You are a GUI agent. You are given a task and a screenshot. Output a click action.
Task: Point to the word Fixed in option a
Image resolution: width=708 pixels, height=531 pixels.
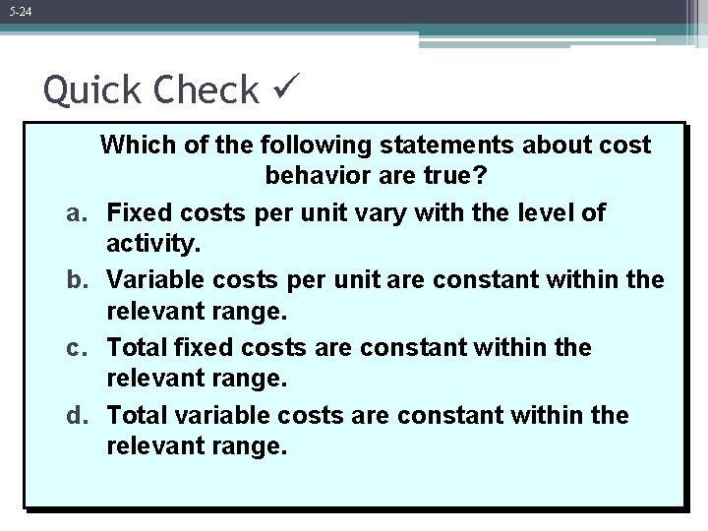click(x=139, y=212)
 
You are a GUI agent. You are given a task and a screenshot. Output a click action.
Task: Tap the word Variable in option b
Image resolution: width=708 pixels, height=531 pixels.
click(x=154, y=280)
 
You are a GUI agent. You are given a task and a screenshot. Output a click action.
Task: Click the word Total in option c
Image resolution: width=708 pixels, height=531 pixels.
click(x=137, y=347)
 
